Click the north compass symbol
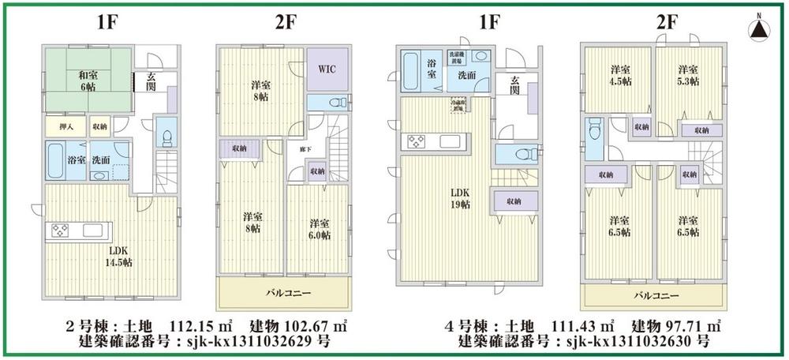pos(758,29)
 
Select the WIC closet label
pos(327,69)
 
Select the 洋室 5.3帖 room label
pos(688,74)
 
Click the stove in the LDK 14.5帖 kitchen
pos(61,231)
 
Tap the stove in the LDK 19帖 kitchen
pos(417,142)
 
